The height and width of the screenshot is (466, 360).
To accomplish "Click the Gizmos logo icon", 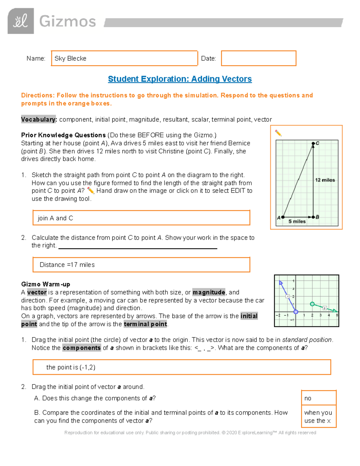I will (20, 21).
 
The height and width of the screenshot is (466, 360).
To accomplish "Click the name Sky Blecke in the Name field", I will (70, 59).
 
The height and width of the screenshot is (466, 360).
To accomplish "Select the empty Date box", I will (259, 58).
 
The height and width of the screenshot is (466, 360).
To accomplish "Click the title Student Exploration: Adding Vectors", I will (180, 79).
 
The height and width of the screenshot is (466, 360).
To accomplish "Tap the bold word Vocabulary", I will (39, 119).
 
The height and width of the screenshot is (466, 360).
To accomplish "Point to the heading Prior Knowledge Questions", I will (63, 135).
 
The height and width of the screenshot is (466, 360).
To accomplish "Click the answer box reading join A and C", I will (141, 218).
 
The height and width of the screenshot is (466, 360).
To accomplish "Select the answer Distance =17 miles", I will (141, 265).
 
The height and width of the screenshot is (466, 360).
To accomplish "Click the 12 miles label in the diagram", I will (325, 180).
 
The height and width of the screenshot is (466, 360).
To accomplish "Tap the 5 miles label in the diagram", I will (297, 221).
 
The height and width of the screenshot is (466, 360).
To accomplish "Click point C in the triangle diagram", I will (313, 144).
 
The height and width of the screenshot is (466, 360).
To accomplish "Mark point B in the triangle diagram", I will (313, 217).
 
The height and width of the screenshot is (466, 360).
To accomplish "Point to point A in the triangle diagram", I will (283, 217).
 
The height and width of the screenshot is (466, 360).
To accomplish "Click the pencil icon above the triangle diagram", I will (278, 133).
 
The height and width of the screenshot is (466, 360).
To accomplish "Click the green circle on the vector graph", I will (312, 304).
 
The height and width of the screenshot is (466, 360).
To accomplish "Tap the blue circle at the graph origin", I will (296, 312).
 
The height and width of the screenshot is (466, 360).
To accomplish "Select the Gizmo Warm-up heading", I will (46, 284).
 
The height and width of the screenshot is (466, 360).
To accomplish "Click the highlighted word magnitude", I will (209, 292).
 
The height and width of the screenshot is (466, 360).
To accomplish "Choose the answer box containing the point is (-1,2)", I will (181, 367).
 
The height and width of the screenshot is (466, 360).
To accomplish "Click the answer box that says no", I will (319, 398).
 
